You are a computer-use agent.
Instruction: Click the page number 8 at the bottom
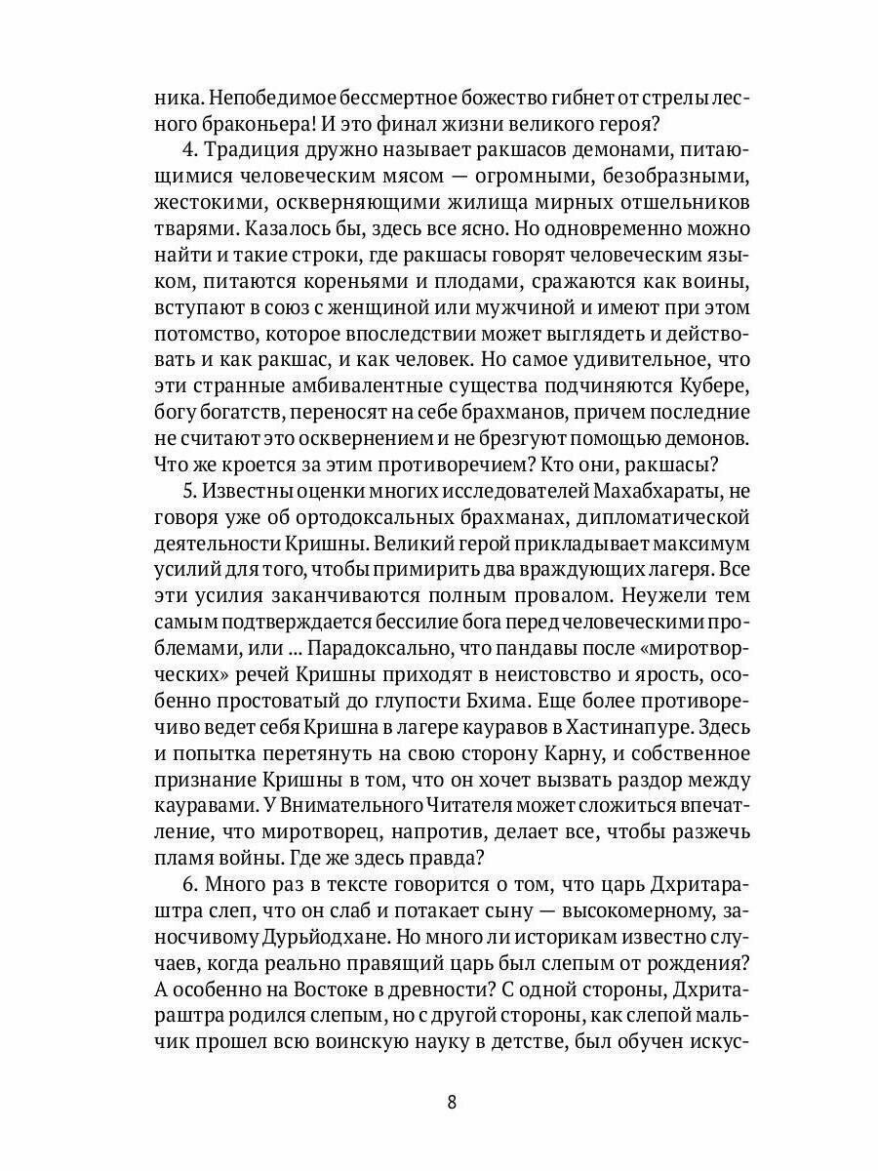[451, 1103]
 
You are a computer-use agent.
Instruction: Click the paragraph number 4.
[189, 151]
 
